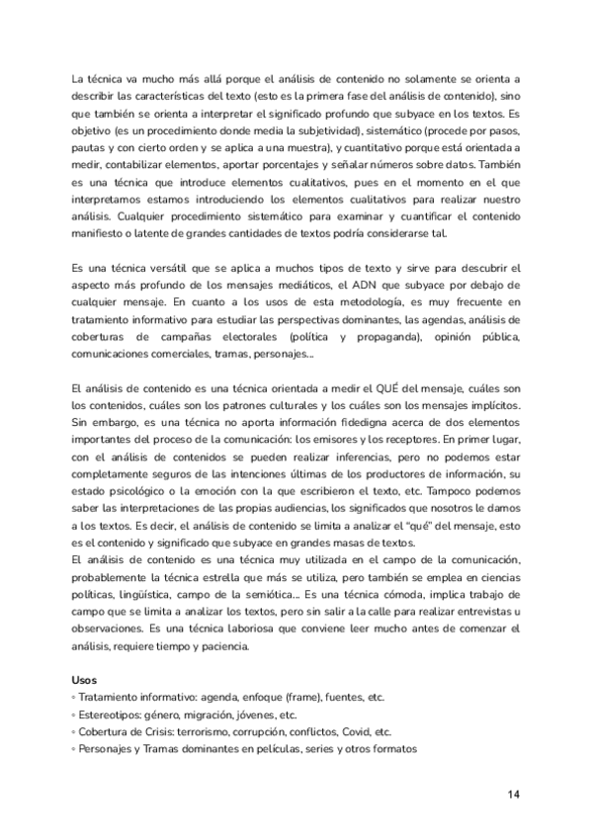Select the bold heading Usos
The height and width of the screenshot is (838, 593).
click(86, 681)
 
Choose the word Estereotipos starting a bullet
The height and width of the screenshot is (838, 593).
click(115, 715)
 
